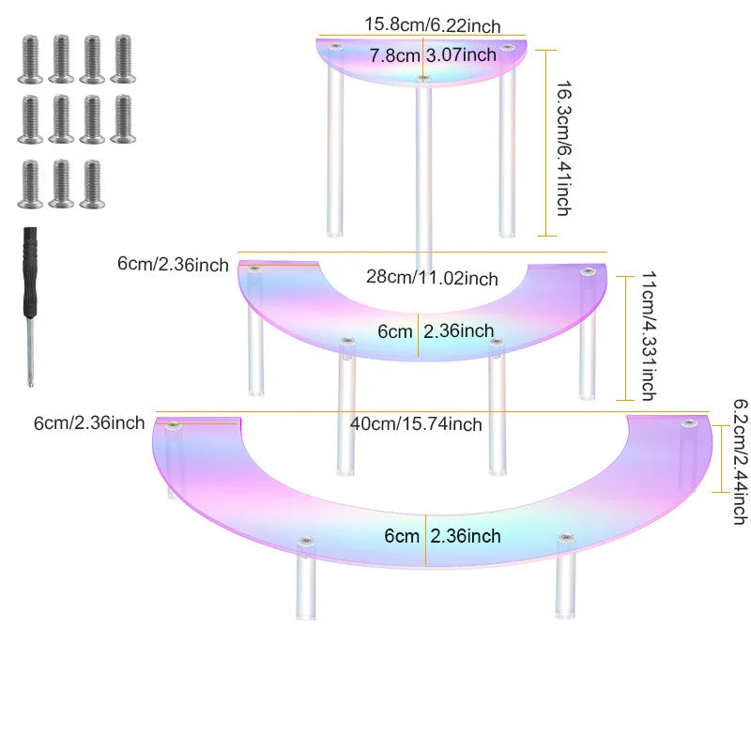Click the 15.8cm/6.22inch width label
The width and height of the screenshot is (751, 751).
(x=433, y=25)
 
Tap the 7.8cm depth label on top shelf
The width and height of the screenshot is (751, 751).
(x=394, y=55)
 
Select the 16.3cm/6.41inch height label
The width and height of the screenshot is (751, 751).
(x=564, y=148)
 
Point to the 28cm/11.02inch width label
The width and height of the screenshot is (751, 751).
(x=432, y=277)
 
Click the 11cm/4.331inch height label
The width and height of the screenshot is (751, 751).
(x=649, y=336)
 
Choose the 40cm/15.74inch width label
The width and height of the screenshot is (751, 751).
(x=416, y=424)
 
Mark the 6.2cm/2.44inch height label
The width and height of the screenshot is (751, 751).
(x=741, y=462)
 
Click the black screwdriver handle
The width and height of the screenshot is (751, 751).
(x=30, y=271)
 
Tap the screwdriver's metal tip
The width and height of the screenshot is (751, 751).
(x=31, y=378)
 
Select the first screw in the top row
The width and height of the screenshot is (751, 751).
(x=30, y=58)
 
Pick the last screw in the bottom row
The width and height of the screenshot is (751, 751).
(x=92, y=184)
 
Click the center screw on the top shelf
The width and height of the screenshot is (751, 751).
(x=423, y=78)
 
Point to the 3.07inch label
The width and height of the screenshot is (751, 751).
(x=461, y=55)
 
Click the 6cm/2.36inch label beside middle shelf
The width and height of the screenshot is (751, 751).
(x=173, y=264)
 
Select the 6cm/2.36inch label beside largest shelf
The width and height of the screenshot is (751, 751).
(x=89, y=423)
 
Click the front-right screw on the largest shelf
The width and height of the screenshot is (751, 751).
(x=566, y=538)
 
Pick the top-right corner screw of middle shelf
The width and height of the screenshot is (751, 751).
(x=588, y=272)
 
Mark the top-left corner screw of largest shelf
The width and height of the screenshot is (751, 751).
(x=173, y=425)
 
